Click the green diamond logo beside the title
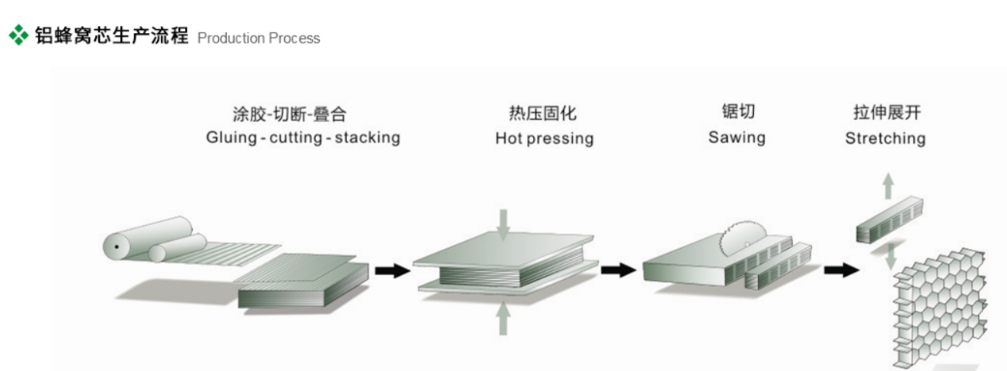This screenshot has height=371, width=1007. click(17, 35)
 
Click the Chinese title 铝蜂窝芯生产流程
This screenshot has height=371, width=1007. click(111, 36)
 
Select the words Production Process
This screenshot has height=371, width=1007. click(259, 38)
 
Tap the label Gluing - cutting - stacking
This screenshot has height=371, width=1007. click(303, 138)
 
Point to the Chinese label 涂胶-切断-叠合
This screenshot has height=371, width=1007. click(303, 113)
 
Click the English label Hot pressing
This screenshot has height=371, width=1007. click(544, 139)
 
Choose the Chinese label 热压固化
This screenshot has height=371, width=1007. click(544, 113)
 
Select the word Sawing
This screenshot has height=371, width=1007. click(736, 138)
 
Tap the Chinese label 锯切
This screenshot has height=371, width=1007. click(737, 113)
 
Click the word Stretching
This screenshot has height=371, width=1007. click(885, 139)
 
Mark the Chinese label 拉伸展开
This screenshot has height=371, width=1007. click(885, 113)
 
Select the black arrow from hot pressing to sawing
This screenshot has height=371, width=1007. click(618, 270)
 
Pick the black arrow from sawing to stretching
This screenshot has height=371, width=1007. click(841, 270)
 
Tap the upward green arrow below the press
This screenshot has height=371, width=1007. click(503, 319)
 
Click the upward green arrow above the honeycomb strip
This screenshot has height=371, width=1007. click(889, 187)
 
